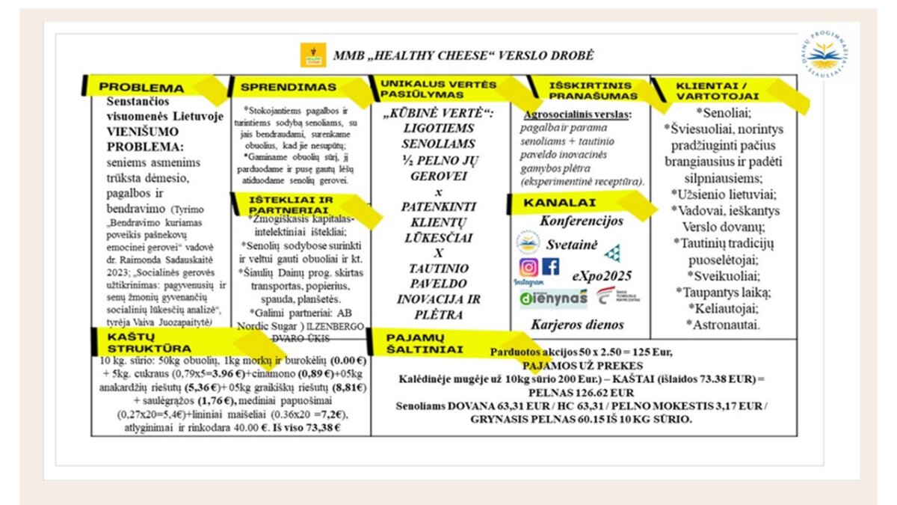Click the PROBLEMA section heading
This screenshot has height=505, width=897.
tap(141, 87)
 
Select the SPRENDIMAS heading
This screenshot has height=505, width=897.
tap(279, 87)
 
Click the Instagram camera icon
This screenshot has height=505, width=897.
tap(528, 267)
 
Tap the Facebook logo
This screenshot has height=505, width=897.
tap(551, 267)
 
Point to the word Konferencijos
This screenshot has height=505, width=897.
tap(582, 221)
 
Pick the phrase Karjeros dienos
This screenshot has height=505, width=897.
tap(577, 325)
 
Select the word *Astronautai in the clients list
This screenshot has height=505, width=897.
tap(723, 325)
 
